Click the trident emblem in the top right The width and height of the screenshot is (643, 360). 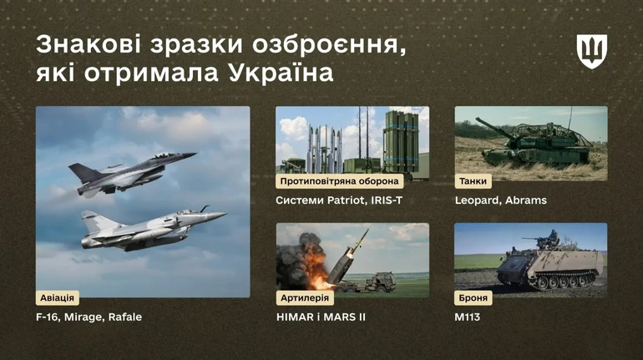click(591, 52)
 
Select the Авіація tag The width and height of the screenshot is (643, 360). click(59, 297)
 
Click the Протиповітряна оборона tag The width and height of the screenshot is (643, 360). click(340, 180)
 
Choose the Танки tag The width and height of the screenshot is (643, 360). click(473, 180)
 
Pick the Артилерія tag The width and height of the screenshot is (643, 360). click(305, 297)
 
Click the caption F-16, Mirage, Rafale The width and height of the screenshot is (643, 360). click(89, 317)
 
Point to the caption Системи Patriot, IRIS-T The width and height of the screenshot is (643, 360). click(339, 200)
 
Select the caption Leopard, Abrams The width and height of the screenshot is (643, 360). click(501, 200)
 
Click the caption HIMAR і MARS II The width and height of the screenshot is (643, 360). click(321, 317)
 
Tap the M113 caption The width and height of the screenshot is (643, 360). click(468, 317)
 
